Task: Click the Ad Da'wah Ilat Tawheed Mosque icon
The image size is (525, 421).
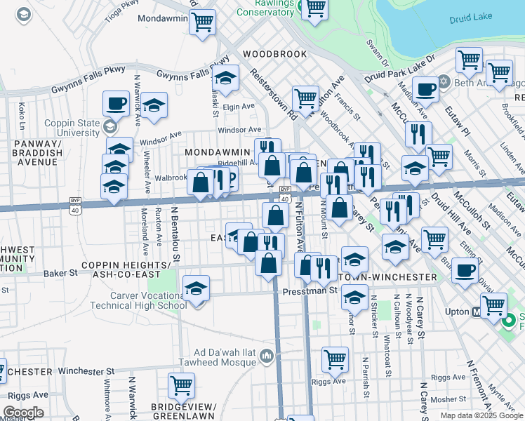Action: tap(265, 356)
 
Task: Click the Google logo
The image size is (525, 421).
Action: tap(23, 413)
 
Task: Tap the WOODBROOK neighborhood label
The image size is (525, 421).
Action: tap(275, 54)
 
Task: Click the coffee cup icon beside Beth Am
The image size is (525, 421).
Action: tap(426, 89)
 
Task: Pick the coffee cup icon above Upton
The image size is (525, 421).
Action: tap(464, 270)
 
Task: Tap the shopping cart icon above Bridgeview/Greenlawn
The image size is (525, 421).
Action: tap(181, 384)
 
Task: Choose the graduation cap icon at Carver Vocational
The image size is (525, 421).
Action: tap(196, 287)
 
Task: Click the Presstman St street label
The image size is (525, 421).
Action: tap(310, 290)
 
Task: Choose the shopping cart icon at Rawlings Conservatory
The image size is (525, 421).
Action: tap(316, 8)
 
